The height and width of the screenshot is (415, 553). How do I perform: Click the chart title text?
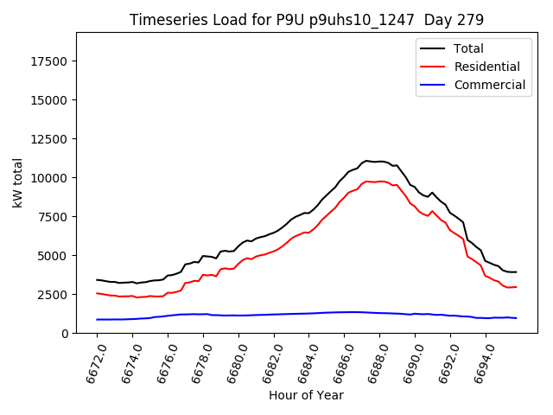tap(307, 20)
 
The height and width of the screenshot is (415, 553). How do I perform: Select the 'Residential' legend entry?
tap(486, 67)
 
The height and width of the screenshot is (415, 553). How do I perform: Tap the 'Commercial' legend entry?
tap(489, 85)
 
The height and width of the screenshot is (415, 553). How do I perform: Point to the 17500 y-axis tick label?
tap(50, 61)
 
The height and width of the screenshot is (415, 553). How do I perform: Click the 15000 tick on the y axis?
tap(50, 100)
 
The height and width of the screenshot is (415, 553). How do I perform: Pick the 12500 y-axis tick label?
tap(50, 139)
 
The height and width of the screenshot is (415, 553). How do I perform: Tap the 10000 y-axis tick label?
tap(50, 178)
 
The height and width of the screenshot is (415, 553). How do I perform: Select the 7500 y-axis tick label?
tap(54, 217)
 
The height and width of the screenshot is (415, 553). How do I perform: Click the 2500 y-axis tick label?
tap(54, 295)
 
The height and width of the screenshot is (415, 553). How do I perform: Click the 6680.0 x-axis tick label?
tap(234, 363)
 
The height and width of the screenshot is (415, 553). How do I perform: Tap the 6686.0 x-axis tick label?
tap(340, 363)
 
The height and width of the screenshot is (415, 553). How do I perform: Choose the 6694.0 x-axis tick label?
tap(480, 363)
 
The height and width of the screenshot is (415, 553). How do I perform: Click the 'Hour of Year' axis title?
tap(305, 396)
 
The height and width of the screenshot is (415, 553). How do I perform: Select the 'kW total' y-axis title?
tap(17, 182)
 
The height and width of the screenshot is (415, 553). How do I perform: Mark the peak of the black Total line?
tap(367, 161)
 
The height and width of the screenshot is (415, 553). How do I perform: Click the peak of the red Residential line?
tap(367, 181)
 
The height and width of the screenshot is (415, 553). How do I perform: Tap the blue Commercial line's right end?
tap(517, 318)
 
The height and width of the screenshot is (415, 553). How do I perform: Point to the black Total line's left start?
tap(97, 279)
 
